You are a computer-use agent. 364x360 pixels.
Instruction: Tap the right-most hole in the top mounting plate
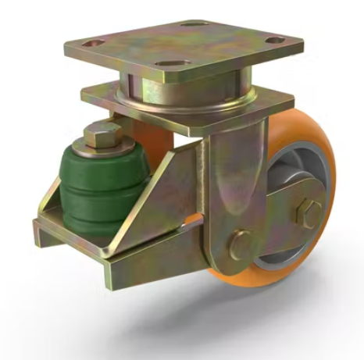(275, 41)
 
